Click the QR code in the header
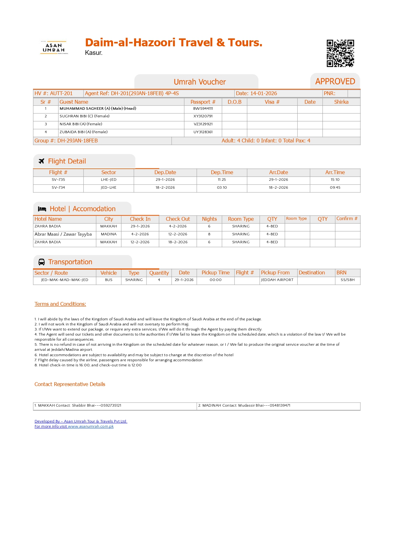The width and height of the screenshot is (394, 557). pyautogui.click(x=340, y=53)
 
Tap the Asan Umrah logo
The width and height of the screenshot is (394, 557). pyautogui.click(x=54, y=48)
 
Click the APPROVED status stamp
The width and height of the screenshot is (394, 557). pyautogui.click(x=335, y=82)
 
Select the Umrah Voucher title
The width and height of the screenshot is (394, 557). pyautogui.click(x=200, y=82)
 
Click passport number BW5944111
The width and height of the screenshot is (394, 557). pyautogui.click(x=203, y=108)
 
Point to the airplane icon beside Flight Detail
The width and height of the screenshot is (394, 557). pyautogui.click(x=41, y=161)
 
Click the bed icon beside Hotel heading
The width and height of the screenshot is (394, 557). pyautogui.click(x=42, y=209)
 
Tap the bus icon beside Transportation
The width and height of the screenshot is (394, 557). pyautogui.click(x=42, y=262)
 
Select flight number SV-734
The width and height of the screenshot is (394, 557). pyautogui.click(x=58, y=187)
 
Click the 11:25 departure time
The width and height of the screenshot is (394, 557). pyautogui.click(x=222, y=180)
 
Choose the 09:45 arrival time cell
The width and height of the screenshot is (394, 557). pyautogui.click(x=335, y=187)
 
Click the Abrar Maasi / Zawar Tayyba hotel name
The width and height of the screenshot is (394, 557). pyautogui.click(x=63, y=234)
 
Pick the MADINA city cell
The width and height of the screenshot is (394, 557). pyautogui.click(x=108, y=234)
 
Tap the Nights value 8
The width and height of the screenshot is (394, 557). pyautogui.click(x=209, y=234)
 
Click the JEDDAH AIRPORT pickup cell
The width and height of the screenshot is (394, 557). pyautogui.click(x=277, y=280)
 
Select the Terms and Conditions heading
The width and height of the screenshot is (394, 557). pyautogui.click(x=60, y=304)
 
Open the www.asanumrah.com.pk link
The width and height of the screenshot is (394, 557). pyautogui.click(x=91, y=426)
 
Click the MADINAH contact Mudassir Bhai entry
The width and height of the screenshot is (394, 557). pyautogui.click(x=244, y=405)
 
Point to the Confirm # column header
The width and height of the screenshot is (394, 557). pyautogui.click(x=347, y=219)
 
